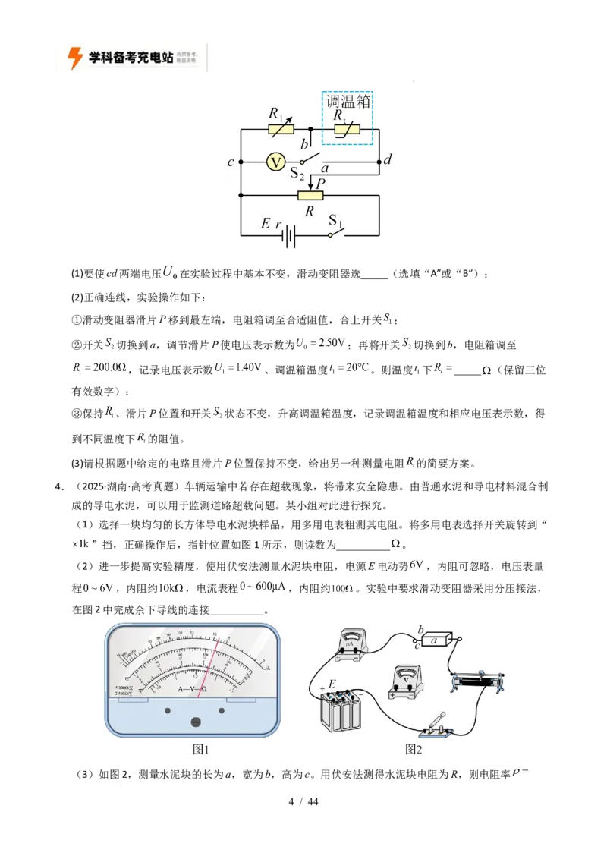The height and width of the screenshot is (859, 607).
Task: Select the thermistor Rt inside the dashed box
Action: tap(348, 130)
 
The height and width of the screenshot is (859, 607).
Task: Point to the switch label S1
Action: tap(335, 221)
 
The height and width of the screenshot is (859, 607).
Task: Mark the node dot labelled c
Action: tap(240, 162)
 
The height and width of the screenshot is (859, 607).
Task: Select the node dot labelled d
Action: tap(379, 162)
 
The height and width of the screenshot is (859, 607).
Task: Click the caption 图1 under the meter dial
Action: tap(200, 750)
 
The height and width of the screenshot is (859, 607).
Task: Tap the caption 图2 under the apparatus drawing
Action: tap(414, 750)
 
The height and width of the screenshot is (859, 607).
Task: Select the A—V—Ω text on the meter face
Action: tap(193, 689)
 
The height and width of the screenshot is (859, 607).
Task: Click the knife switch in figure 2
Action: tap(435, 725)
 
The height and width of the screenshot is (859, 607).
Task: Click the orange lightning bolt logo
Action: tap(75, 58)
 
